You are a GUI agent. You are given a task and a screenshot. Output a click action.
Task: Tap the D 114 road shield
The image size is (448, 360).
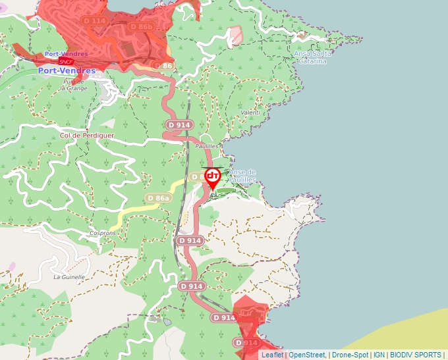(95, 21)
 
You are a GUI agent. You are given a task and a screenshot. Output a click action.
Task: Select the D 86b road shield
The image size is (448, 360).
(140, 27)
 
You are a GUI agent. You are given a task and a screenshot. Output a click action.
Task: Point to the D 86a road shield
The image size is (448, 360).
(159, 198)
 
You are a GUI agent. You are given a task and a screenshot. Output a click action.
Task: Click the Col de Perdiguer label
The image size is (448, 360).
(86, 136)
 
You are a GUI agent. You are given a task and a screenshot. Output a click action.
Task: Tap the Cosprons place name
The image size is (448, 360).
(103, 234)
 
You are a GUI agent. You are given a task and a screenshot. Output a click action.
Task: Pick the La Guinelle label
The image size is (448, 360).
(69, 277)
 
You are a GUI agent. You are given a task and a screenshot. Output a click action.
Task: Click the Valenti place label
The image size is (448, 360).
(251, 113)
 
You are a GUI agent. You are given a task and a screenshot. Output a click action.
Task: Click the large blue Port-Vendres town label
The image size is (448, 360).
(67, 70)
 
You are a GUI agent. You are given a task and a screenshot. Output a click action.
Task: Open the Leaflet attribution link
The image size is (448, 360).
(272, 355)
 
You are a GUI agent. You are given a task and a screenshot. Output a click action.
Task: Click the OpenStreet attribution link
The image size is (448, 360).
(307, 355)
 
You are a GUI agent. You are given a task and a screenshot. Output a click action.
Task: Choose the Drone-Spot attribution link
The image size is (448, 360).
(350, 355)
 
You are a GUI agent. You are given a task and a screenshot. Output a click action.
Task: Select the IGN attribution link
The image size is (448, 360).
(379, 355)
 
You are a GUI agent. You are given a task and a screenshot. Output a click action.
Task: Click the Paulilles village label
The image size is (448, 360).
(206, 146)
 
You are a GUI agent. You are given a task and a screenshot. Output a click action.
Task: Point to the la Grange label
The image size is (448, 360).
(74, 88)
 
